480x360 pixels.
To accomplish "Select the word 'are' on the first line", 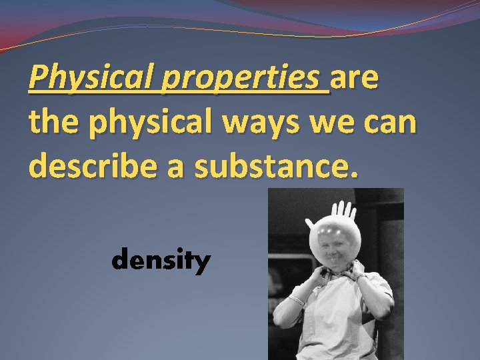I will [x=355, y=79].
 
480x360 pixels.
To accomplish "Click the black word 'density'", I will [x=161, y=261].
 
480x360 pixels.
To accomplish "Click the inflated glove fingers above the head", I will [x=343, y=214].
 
